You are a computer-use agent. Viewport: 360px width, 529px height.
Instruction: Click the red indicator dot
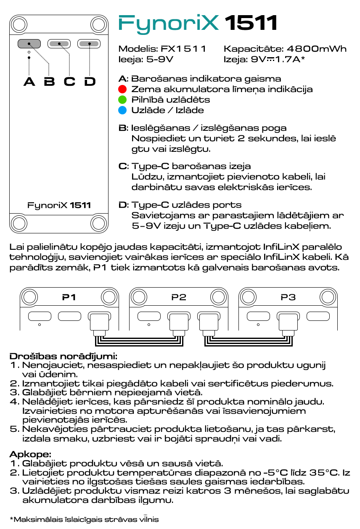pyautogui.click(x=122, y=89)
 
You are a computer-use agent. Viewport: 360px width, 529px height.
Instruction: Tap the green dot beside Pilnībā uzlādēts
pyautogui.click(x=122, y=100)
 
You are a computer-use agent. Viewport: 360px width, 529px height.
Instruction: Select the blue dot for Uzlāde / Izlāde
pyautogui.click(x=122, y=110)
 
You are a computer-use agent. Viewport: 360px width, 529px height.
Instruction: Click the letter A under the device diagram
pyautogui.click(x=29, y=81)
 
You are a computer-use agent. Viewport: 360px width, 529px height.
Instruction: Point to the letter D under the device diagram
pyautogui.click(x=90, y=81)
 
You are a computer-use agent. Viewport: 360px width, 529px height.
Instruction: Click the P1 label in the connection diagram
pyautogui.click(x=69, y=297)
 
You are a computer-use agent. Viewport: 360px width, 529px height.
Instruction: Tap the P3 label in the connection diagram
pyautogui.click(x=288, y=297)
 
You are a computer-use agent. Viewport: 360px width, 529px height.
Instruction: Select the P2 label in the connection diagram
pyautogui.click(x=179, y=297)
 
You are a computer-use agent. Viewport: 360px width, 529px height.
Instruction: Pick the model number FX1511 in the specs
pyautogui.click(x=183, y=49)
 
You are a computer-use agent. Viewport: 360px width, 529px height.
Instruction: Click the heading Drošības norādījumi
pyautogui.click(x=63, y=357)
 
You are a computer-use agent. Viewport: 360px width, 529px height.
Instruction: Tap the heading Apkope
pyautogui.click(x=30, y=454)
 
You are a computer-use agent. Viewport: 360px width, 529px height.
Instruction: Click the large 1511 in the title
pyautogui.click(x=251, y=23)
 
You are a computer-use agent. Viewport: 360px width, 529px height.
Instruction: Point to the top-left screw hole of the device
pyautogui.click(x=19, y=24)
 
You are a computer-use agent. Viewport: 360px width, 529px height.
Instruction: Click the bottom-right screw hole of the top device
pyautogui.click(x=99, y=223)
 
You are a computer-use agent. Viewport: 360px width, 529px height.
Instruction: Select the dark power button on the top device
pyautogui.click(x=29, y=43)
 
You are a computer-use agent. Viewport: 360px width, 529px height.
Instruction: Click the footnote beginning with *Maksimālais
pyautogui.click(x=84, y=519)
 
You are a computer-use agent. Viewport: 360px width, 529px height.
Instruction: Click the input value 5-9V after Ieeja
pyautogui.click(x=160, y=59)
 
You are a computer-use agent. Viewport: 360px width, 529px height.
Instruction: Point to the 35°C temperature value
pyautogui.click(x=323, y=472)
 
